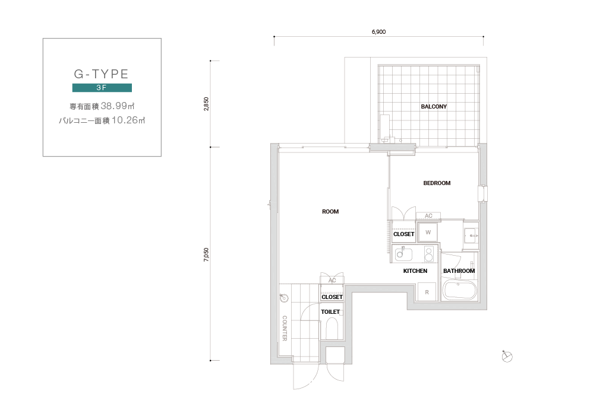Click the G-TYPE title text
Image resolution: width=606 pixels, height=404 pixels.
tap(101, 74)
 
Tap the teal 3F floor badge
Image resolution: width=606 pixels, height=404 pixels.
tap(102, 88)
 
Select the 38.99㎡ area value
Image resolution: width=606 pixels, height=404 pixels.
tap(118, 106)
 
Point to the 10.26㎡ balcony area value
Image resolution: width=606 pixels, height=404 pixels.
tap(128, 120)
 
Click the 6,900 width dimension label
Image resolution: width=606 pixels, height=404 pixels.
tap(379, 32)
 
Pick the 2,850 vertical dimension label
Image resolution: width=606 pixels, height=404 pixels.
tap(206, 104)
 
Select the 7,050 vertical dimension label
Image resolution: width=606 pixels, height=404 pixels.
tap(206, 255)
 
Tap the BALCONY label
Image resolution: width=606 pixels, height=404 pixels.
tap(434, 107)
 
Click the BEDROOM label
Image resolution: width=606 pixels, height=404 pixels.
tap(437, 183)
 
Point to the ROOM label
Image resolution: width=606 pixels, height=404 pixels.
tap(330, 211)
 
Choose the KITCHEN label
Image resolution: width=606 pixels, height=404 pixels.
tap(415, 271)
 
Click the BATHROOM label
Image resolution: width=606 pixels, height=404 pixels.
tap(459, 271)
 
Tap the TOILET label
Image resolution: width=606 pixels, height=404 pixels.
tap(330, 312)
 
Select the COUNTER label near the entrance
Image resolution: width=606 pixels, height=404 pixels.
tap(285, 329)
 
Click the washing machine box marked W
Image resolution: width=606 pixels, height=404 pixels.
tap(428, 233)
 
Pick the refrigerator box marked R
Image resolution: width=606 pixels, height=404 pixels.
tap(427, 292)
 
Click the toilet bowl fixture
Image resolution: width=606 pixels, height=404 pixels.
tap(332, 329)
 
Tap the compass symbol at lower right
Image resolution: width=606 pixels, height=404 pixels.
tap(507, 357)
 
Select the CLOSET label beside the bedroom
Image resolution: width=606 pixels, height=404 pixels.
tap(403, 234)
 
